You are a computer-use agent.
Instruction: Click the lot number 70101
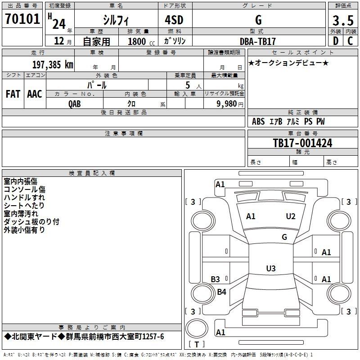pyautogui.click(x=22, y=19)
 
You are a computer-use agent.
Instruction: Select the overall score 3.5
pyautogui.click(x=343, y=20)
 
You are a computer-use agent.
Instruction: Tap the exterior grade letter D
pyautogui.click(x=336, y=41)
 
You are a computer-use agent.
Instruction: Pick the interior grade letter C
pyautogui.click(x=350, y=41)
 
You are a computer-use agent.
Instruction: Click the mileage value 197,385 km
pyautogui.click(x=53, y=65)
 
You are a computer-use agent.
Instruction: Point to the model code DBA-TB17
pyautogui.click(x=257, y=41)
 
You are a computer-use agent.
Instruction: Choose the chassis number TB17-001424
pyautogui.click(x=302, y=143)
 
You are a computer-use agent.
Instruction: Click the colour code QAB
pyautogui.click(x=75, y=104)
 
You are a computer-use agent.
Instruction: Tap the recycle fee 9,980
pyautogui.click(x=227, y=104)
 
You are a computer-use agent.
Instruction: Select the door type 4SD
pyautogui.click(x=174, y=20)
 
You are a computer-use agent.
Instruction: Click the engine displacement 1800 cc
pyautogui.click(x=141, y=42)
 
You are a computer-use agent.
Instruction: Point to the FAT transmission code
pyautogui.click(x=13, y=94)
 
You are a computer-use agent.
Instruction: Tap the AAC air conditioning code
pyautogui.click(x=35, y=94)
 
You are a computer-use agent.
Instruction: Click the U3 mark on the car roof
pyautogui.click(x=271, y=268)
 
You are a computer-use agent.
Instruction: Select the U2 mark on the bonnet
pyautogui.click(x=291, y=216)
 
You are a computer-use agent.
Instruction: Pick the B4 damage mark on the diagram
pyautogui.click(x=221, y=292)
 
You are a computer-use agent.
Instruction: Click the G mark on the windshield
pyautogui.click(x=284, y=237)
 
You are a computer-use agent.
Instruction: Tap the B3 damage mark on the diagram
pyautogui.click(x=216, y=279)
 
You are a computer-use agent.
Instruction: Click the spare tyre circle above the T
pyautogui.click(x=197, y=328)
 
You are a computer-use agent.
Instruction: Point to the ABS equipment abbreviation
pyautogui.click(x=258, y=121)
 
